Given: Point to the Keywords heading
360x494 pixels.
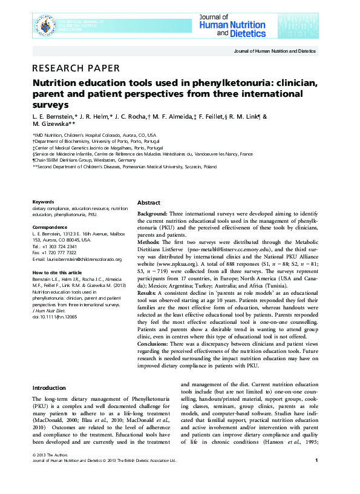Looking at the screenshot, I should click(43, 202).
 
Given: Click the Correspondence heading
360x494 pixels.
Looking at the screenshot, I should click(49, 227).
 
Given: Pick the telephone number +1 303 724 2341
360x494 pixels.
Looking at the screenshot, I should click(59, 246).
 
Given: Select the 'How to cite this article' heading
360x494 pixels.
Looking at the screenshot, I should click(57, 273).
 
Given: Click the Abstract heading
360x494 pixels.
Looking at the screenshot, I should click(149, 203).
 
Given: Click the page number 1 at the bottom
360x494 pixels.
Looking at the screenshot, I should click(316, 478).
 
